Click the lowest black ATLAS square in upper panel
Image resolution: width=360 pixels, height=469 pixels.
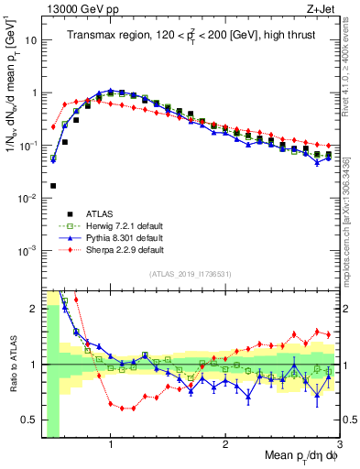(x=53, y=185)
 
